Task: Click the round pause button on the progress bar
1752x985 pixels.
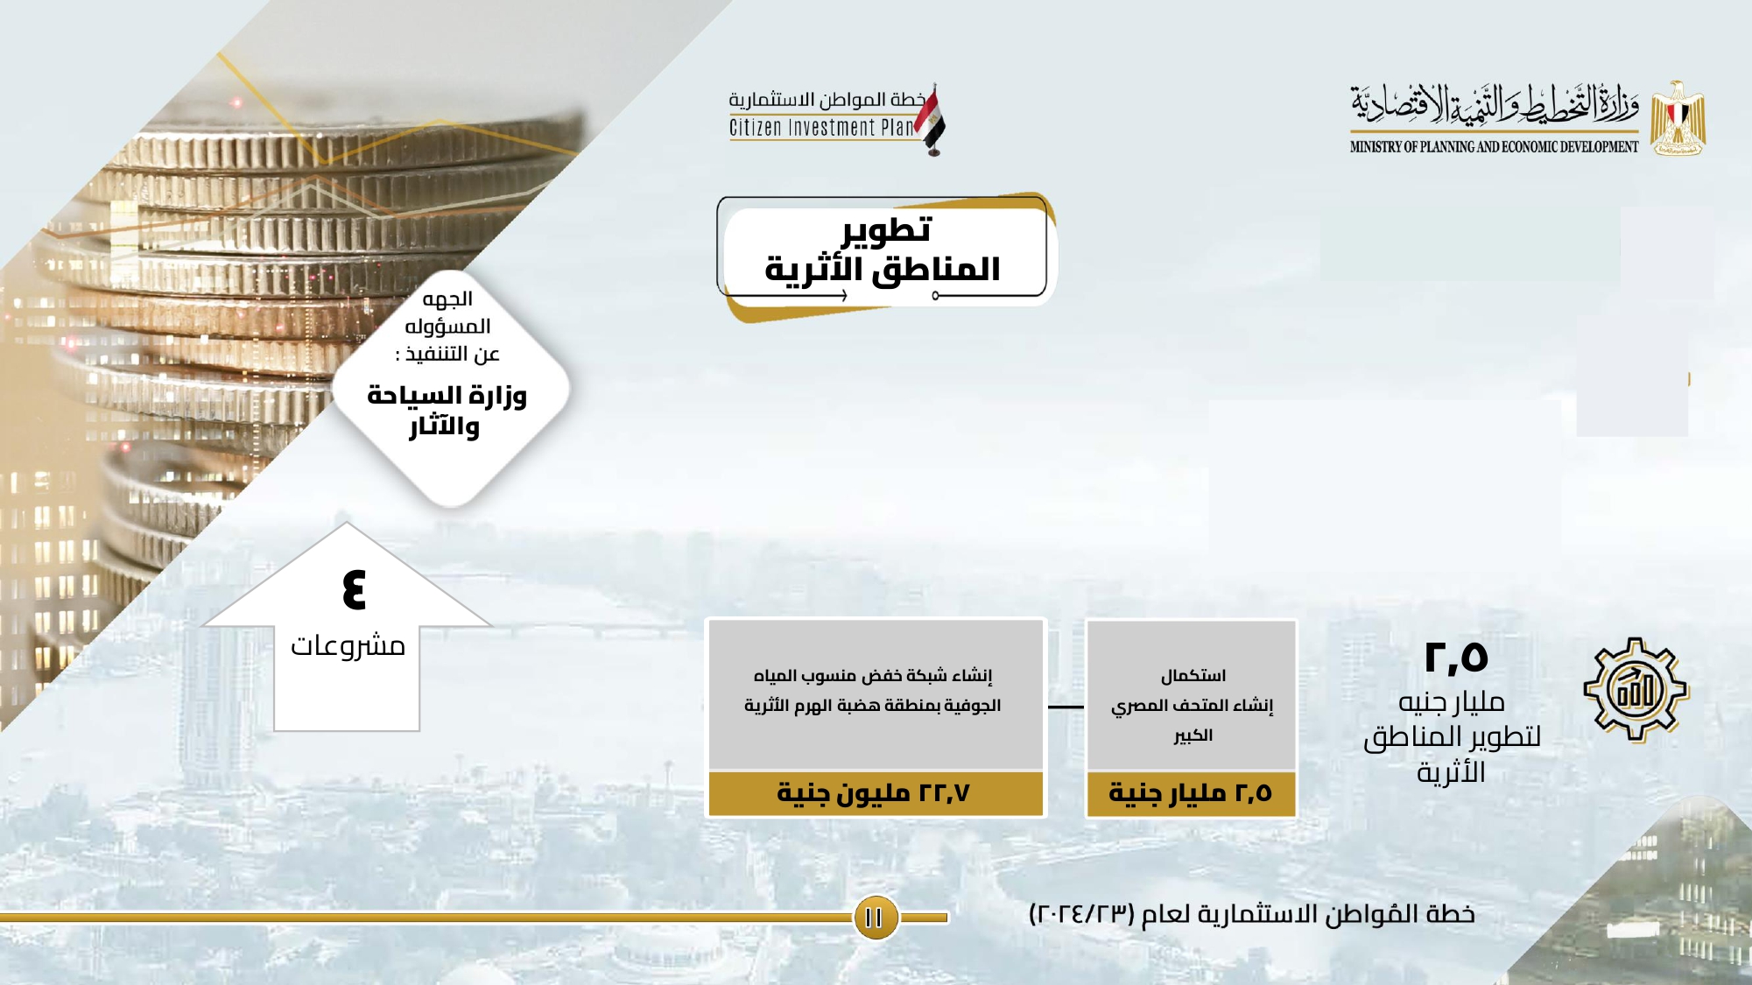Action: (875, 917)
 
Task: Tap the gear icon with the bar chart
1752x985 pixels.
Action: (1636, 690)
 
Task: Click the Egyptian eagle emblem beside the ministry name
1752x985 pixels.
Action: (1678, 118)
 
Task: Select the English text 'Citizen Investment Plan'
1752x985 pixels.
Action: (821, 128)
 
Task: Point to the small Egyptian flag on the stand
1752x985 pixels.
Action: (931, 121)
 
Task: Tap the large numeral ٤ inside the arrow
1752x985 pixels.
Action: (354, 588)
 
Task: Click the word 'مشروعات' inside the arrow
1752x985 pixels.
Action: (348, 646)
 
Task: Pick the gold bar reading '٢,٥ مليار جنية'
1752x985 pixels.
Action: (1191, 793)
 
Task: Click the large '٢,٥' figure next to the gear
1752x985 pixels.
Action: (1456, 658)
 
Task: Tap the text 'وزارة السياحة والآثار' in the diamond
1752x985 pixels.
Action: (447, 411)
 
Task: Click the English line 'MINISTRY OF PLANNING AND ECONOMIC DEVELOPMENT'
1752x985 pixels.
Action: (1494, 147)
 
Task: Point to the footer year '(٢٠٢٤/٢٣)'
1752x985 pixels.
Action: (1081, 914)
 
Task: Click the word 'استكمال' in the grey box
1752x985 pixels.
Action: (1193, 676)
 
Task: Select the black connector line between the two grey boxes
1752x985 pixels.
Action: (1066, 707)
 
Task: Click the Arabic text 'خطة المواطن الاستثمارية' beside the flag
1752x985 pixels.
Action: (827, 99)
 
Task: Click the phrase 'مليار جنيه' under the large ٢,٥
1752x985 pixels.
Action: (1452, 702)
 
